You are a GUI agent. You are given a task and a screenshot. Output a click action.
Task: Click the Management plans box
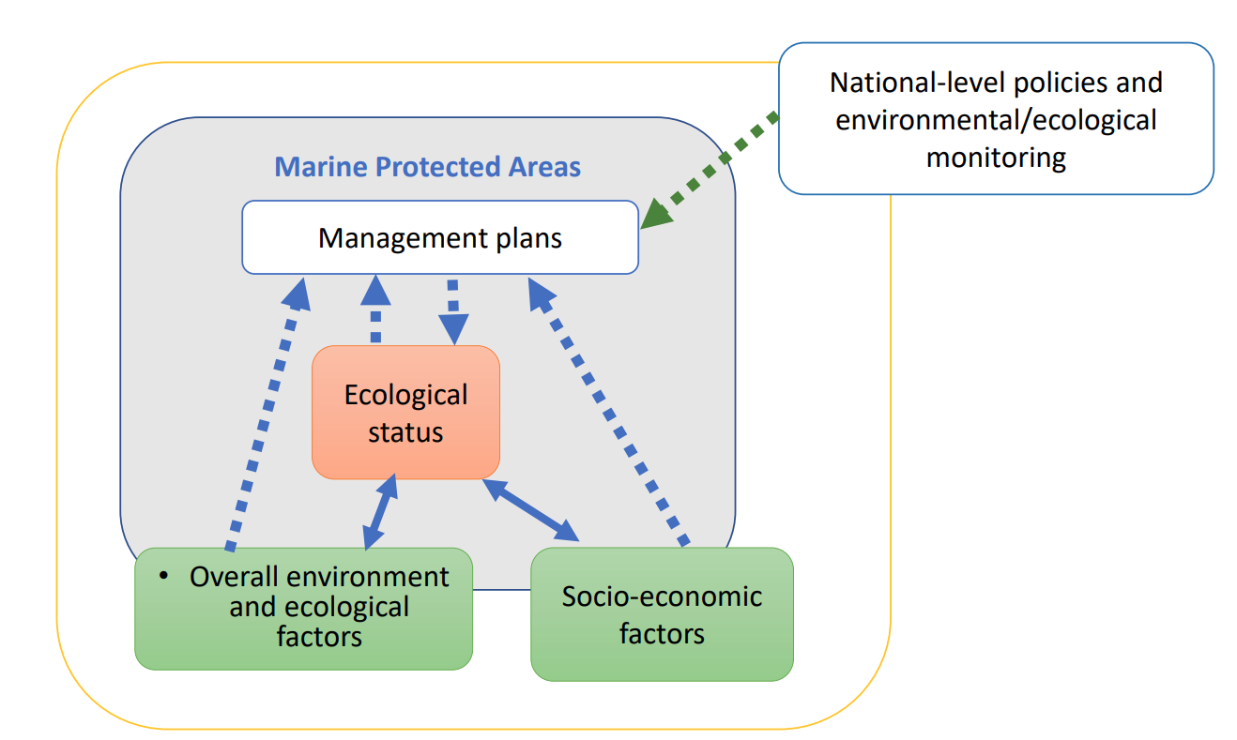coord(440,237)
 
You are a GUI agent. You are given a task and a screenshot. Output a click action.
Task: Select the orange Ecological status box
coord(405,413)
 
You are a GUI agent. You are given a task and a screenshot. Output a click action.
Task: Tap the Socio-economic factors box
coord(662,614)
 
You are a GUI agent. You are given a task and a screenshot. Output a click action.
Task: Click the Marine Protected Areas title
coord(427,167)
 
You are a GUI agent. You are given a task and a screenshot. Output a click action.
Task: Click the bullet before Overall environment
coord(163,576)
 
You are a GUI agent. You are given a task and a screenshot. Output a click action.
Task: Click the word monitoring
coord(996,158)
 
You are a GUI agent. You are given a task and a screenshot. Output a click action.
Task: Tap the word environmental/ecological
coord(996,120)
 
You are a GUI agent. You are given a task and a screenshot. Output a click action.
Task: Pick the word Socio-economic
coord(662,596)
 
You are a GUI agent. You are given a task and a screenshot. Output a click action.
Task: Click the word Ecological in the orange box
coord(405,395)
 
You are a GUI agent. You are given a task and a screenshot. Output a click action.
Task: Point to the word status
coord(405,432)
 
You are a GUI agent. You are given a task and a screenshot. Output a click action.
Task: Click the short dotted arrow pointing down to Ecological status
coord(453,312)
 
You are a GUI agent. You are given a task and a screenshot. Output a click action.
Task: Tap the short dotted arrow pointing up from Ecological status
coord(375,309)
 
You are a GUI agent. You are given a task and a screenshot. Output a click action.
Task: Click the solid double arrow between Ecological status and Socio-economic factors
coord(530,510)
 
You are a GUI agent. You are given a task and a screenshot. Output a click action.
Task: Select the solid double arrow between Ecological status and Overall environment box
coord(380,511)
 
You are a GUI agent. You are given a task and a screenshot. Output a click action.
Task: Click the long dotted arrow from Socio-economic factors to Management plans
coord(607,412)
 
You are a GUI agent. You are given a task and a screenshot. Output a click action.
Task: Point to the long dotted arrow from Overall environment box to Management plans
coord(267,414)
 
